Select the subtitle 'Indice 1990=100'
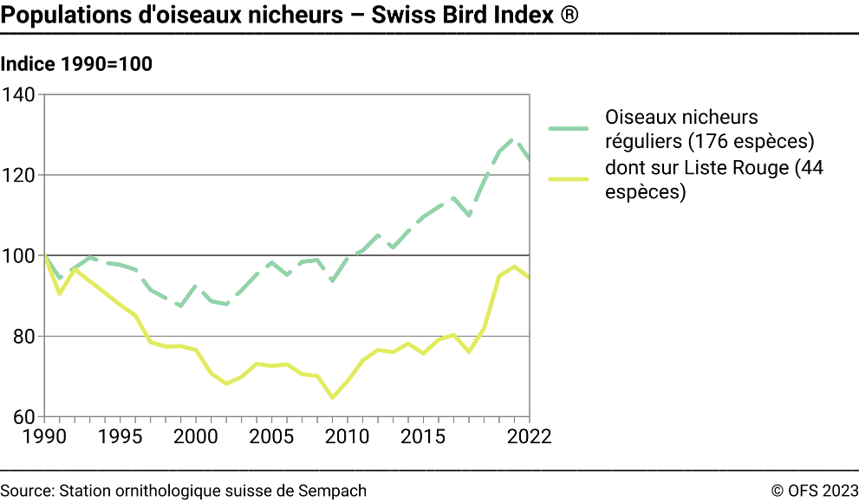pyautogui.click(x=77, y=64)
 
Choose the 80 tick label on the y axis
pyautogui.click(x=23, y=336)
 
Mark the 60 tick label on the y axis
pyautogui.click(x=23, y=416)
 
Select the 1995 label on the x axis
pyautogui.click(x=120, y=436)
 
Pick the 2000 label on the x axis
pyautogui.click(x=196, y=436)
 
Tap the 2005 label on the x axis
pyautogui.click(x=271, y=436)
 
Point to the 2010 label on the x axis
pyautogui.click(x=348, y=436)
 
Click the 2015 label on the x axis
pyautogui.click(x=423, y=436)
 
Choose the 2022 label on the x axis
pyautogui.click(x=529, y=436)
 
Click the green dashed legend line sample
pyautogui.click(x=569, y=129)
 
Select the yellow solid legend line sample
pyautogui.click(x=569, y=179)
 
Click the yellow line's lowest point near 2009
pyautogui.click(x=332, y=397)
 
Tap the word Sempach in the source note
pyautogui.click(x=335, y=491)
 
